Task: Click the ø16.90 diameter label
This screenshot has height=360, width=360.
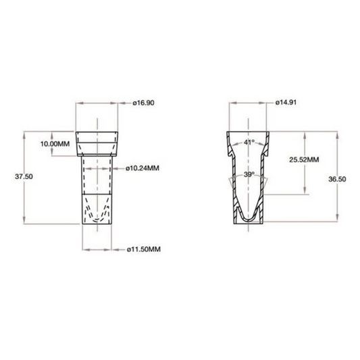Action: (x=143, y=103)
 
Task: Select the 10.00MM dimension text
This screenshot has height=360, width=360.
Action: (x=55, y=145)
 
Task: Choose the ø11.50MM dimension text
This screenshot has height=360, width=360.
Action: (x=144, y=250)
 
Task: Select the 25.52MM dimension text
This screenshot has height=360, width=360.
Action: (x=303, y=160)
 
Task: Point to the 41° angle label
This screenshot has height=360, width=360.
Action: (x=249, y=143)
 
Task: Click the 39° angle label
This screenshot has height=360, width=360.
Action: (x=249, y=174)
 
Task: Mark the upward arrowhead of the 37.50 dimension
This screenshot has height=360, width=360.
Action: (x=25, y=132)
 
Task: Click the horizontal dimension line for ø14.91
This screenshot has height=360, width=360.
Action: (x=249, y=103)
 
